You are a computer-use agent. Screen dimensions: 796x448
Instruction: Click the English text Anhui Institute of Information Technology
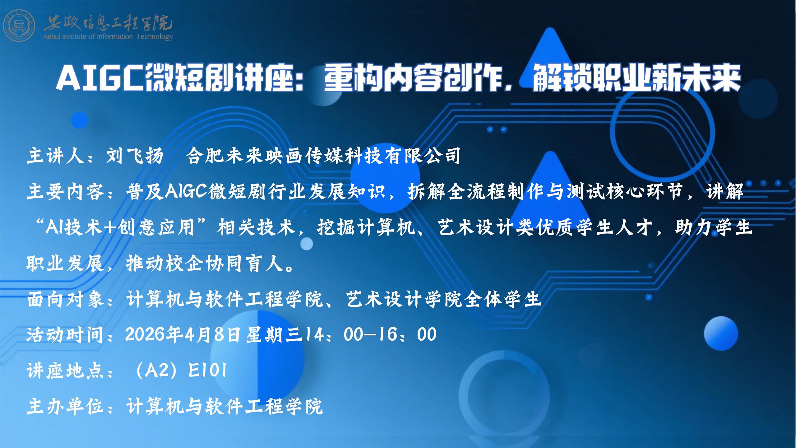click(x=108, y=37)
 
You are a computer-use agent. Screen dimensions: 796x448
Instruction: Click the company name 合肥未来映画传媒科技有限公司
click(x=323, y=156)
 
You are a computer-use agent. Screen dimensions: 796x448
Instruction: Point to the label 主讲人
click(x=55, y=156)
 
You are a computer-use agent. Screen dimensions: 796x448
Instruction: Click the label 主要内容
click(x=65, y=191)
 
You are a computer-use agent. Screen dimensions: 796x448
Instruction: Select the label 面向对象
click(x=65, y=299)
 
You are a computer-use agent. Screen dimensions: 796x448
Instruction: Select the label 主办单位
click(x=65, y=407)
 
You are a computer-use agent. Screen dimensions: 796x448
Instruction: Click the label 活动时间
click(x=65, y=335)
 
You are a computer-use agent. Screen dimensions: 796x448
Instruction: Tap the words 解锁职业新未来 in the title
click(x=636, y=78)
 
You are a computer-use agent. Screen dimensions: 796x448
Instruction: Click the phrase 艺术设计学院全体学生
click(x=444, y=299)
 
